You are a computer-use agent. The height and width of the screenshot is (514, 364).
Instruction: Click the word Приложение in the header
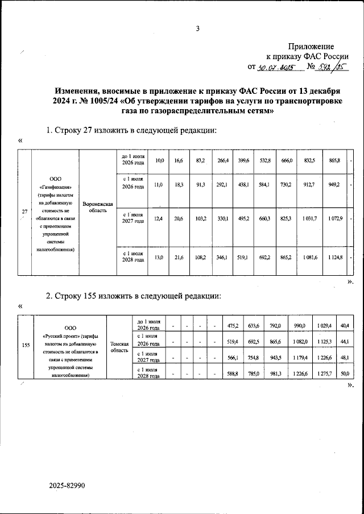(x=311, y=46)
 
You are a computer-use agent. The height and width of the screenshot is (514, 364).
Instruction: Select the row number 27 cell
(x=24, y=213)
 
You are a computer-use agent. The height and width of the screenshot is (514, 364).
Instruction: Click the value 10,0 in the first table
(x=160, y=161)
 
